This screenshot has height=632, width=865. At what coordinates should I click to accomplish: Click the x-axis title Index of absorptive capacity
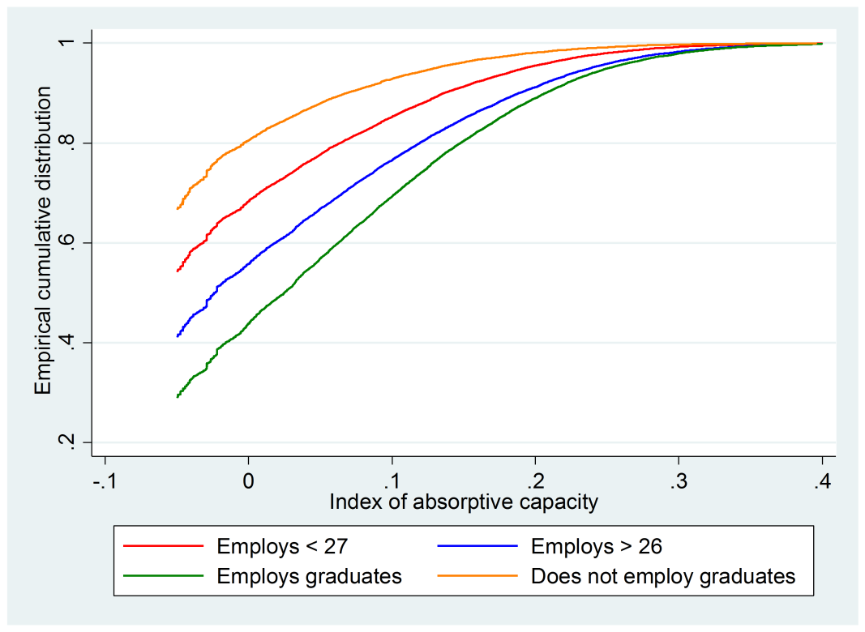464,502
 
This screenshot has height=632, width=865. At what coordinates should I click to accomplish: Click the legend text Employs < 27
281,547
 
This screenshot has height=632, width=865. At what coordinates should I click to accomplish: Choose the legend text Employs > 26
596,547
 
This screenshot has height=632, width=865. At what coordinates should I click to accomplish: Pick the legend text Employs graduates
309,576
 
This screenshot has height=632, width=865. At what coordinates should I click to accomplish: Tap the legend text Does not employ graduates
663,576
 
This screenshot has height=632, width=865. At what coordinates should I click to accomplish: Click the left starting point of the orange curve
178,208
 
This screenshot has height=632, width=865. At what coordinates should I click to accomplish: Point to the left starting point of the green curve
178,397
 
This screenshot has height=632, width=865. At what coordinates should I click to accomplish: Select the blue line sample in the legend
477,547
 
